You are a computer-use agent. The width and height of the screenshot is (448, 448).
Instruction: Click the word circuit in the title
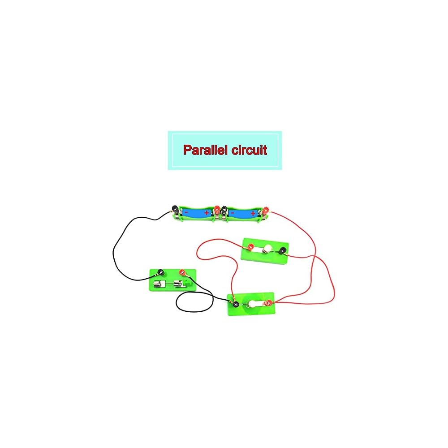tap(249, 150)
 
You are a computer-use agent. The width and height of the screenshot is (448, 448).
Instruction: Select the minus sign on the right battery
tap(233, 212)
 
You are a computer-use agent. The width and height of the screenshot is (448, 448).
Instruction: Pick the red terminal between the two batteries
tap(217, 209)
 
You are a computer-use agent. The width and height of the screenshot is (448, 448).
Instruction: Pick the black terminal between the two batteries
tap(224, 210)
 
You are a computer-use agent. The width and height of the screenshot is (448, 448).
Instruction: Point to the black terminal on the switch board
tap(160, 271)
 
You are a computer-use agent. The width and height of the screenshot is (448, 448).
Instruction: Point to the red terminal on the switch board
tap(182, 271)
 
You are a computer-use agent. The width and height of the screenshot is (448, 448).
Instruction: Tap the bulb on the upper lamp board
tap(268, 249)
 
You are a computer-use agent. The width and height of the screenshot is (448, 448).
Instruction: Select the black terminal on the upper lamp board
tap(283, 251)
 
